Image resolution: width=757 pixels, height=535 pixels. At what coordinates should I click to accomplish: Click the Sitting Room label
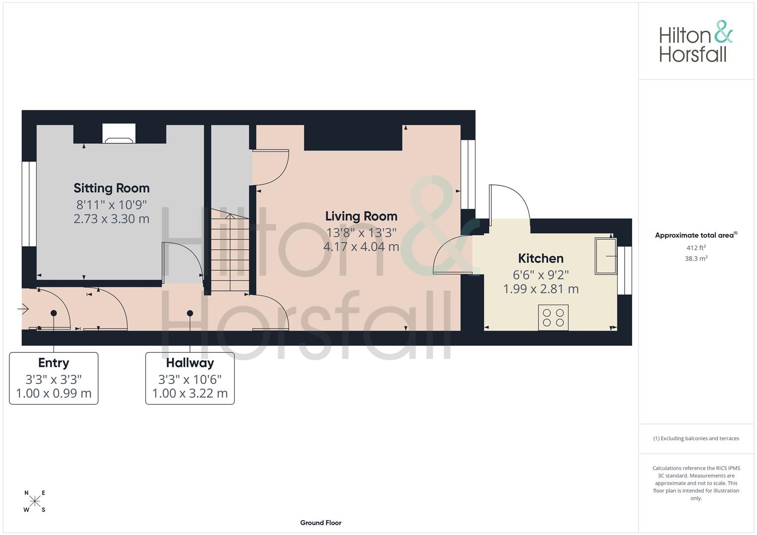click(112, 188)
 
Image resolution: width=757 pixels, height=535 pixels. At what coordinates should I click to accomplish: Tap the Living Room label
click(361, 216)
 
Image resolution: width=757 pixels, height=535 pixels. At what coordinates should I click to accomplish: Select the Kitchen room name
click(541, 259)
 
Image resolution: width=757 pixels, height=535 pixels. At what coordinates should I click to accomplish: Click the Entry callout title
click(54, 363)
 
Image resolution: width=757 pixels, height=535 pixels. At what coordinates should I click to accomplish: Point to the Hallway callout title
click(190, 363)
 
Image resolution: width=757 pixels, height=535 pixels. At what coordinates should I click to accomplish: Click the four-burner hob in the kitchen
click(553, 318)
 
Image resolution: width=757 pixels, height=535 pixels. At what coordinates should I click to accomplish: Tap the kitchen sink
click(606, 256)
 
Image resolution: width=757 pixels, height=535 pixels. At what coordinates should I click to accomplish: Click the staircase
click(230, 250)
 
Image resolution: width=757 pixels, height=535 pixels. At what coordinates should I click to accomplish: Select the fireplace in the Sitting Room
click(118, 134)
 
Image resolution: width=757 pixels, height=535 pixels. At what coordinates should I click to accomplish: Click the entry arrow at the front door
click(23, 309)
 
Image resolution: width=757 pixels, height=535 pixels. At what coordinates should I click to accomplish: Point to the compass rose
click(35, 501)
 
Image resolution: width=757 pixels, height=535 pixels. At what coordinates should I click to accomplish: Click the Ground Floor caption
click(321, 523)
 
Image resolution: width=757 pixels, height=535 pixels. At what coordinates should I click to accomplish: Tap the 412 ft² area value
click(696, 248)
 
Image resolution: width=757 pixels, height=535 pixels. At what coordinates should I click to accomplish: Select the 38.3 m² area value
click(696, 259)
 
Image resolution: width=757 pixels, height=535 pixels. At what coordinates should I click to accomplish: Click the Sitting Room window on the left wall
click(29, 204)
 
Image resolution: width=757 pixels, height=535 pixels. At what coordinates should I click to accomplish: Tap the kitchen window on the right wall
click(625, 270)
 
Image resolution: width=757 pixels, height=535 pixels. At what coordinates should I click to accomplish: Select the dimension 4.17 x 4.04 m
click(361, 247)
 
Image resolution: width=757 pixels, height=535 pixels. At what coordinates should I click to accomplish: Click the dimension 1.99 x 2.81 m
click(541, 289)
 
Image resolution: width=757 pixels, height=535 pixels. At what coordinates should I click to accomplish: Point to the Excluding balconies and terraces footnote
click(696, 438)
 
